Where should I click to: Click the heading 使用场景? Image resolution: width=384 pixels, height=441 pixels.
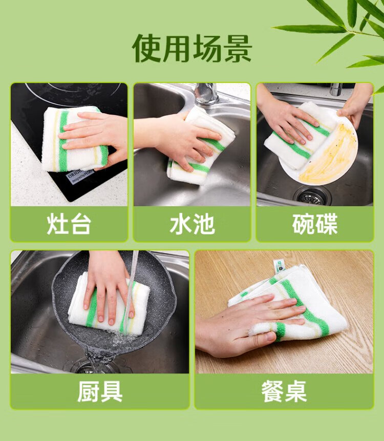click(191, 49)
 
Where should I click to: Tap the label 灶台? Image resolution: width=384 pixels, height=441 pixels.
click(69, 224)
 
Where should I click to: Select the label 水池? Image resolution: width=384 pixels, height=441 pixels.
click(193, 224)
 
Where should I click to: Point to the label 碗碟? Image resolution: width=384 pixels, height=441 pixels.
click(315, 224)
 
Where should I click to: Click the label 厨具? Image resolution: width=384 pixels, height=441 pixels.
click(100, 391)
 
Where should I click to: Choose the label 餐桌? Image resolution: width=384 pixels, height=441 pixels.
click(284, 391)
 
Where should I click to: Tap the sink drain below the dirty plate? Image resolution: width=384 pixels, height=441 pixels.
click(312, 195)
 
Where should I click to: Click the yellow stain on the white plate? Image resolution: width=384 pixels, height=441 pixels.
click(329, 154)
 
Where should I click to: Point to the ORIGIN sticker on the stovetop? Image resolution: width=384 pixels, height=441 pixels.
click(80, 176)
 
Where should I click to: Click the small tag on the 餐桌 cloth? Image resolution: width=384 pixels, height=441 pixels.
click(279, 266)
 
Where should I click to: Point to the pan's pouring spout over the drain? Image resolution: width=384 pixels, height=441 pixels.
click(100, 355)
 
